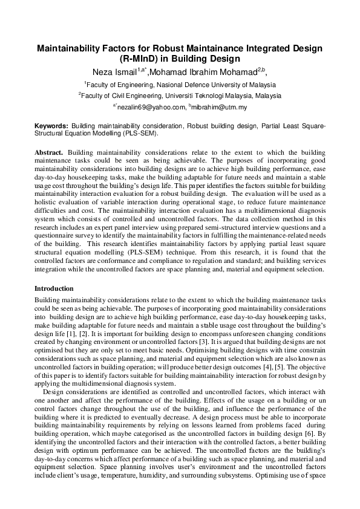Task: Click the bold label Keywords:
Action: point(51,125)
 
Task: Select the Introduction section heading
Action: point(54,288)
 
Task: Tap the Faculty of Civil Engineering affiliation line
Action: point(180,96)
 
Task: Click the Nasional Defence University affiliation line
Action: point(180,85)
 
